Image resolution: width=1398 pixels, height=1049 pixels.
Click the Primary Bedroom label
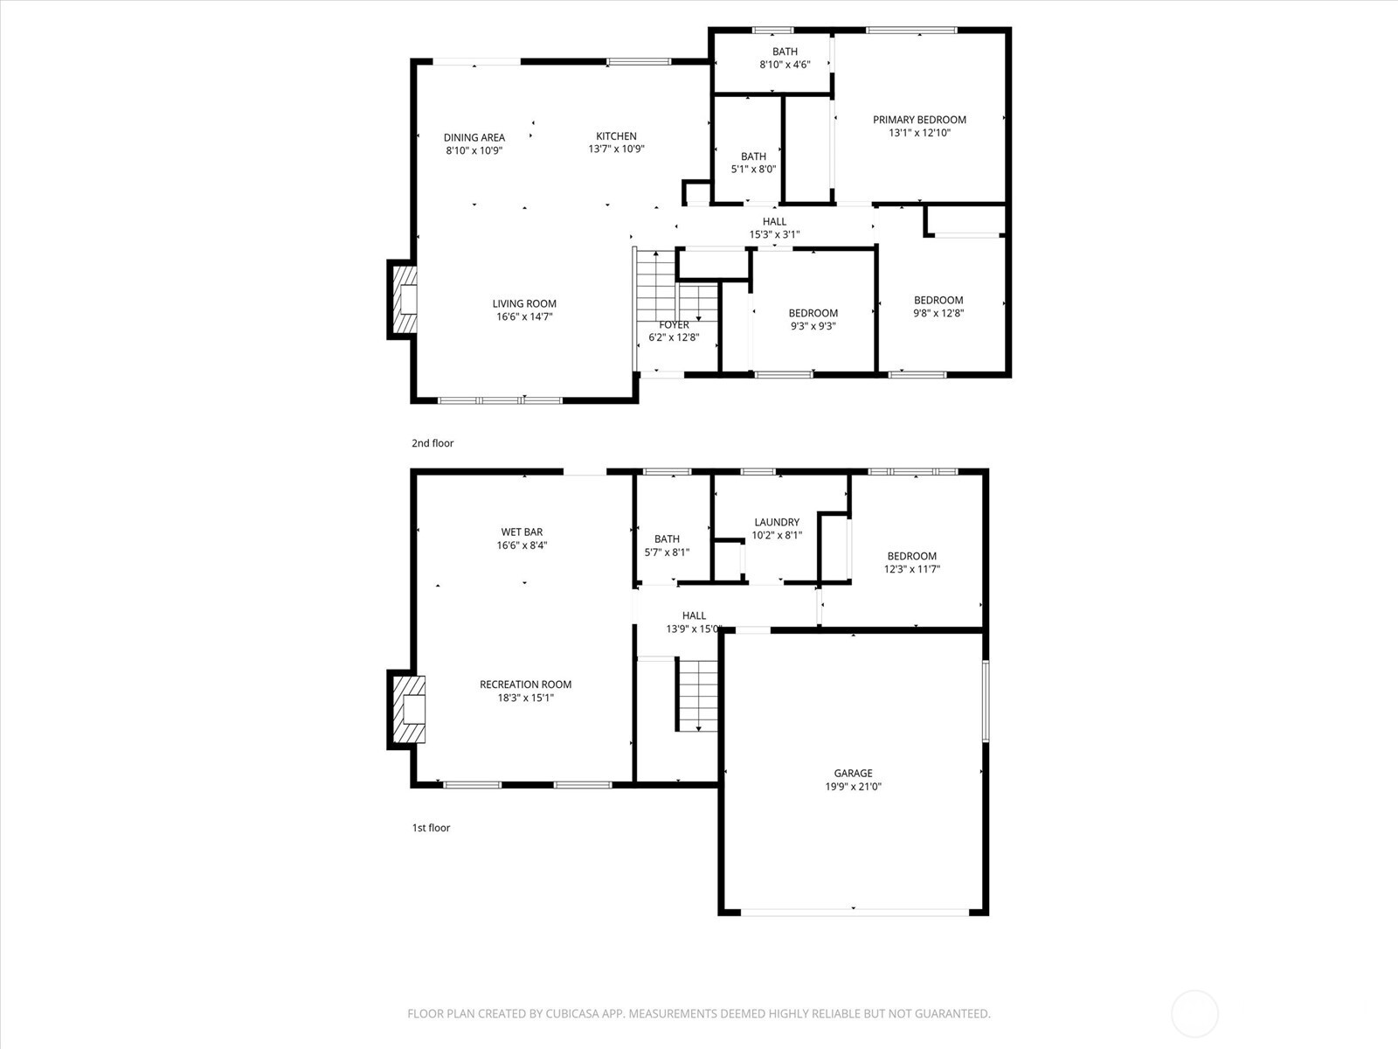click(919, 120)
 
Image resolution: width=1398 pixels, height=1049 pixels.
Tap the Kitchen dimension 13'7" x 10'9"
click(616, 149)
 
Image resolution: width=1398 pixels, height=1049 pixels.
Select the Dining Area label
click(474, 137)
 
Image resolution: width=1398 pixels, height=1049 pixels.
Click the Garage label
click(853, 773)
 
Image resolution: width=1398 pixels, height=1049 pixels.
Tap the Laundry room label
click(777, 522)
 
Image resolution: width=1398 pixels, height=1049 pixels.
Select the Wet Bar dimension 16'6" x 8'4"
click(522, 545)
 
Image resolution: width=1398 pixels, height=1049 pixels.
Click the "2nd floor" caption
click(433, 443)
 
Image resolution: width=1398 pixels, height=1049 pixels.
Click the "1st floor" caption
click(431, 828)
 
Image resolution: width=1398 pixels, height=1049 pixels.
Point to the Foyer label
click(674, 325)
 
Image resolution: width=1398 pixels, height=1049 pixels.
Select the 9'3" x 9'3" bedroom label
click(813, 313)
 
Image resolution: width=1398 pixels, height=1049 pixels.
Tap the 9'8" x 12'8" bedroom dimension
click(938, 313)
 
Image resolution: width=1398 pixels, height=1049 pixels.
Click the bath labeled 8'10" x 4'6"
click(785, 52)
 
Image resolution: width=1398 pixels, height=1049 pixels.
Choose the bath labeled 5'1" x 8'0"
click(753, 156)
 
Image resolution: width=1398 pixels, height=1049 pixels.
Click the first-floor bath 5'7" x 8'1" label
click(667, 539)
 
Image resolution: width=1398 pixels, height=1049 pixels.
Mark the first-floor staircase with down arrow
click(697, 696)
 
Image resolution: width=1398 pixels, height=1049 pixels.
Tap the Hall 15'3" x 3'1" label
click(774, 221)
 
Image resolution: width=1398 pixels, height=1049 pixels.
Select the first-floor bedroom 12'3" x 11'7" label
click(911, 556)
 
